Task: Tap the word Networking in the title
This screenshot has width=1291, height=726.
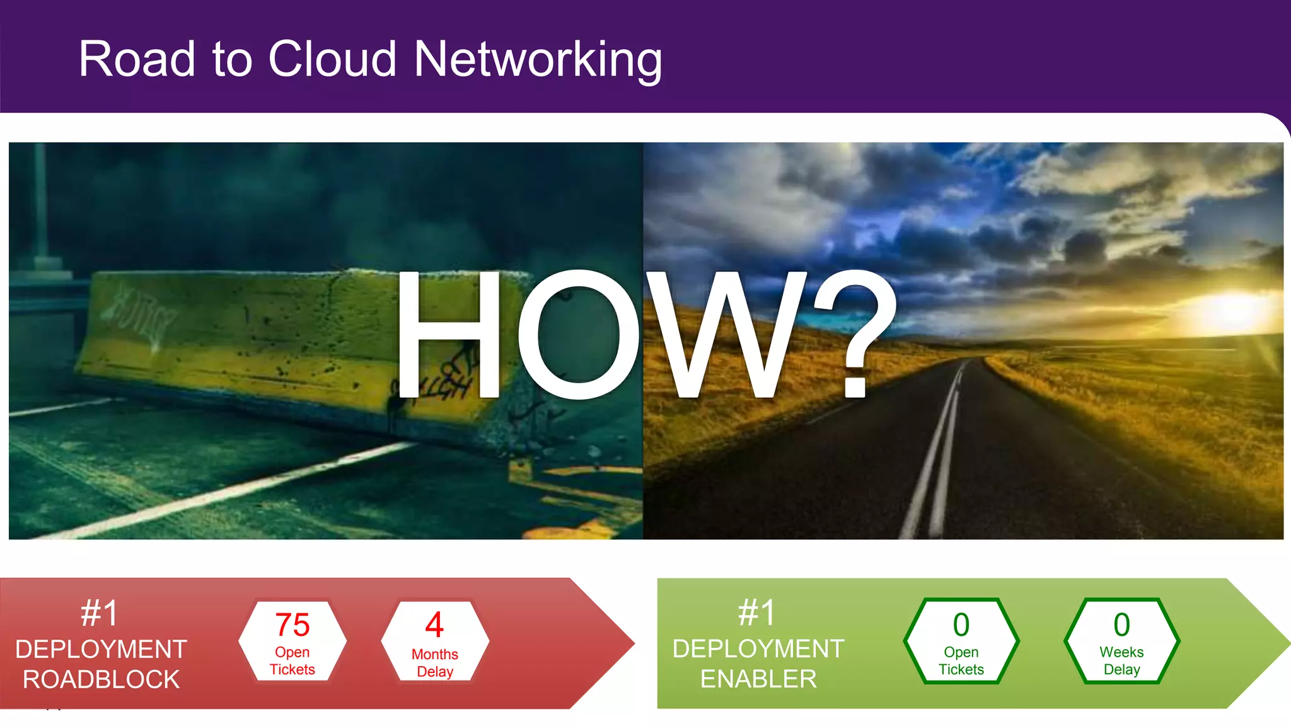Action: pyautogui.click(x=538, y=60)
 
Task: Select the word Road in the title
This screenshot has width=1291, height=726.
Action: pyautogui.click(x=137, y=59)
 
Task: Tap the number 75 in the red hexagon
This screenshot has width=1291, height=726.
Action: pyautogui.click(x=292, y=625)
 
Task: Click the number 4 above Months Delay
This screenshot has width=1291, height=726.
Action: pyautogui.click(x=434, y=625)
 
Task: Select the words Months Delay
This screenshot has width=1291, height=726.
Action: pyautogui.click(x=435, y=663)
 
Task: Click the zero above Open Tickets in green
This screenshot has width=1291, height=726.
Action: pyautogui.click(x=961, y=625)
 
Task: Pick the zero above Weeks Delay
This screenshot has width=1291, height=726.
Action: pyautogui.click(x=1121, y=625)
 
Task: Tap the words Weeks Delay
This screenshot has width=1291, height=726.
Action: pyautogui.click(x=1121, y=660)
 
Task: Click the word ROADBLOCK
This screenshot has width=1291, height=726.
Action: pyautogui.click(x=101, y=679)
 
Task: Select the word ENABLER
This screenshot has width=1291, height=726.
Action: pyautogui.click(x=758, y=679)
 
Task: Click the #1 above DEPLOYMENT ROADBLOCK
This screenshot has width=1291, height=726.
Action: pyautogui.click(x=100, y=613)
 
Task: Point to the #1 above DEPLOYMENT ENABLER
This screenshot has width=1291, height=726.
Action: pyautogui.click(x=757, y=613)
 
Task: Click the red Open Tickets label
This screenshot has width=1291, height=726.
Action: pyautogui.click(x=292, y=660)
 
